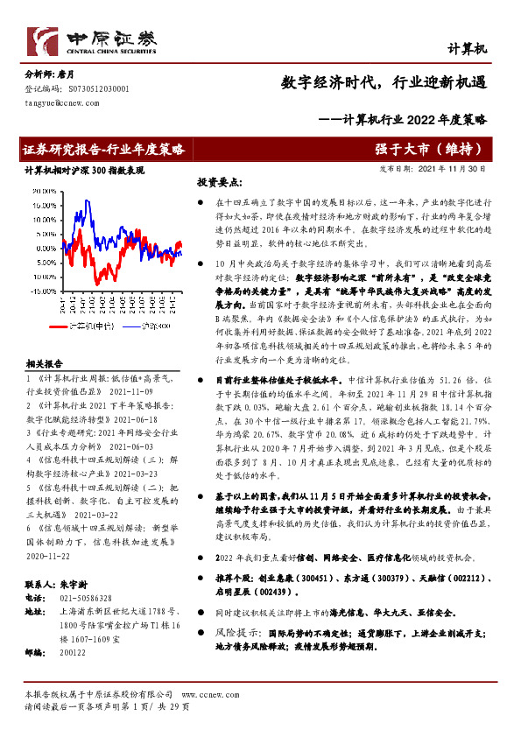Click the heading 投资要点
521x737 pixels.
click(x=219, y=182)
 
